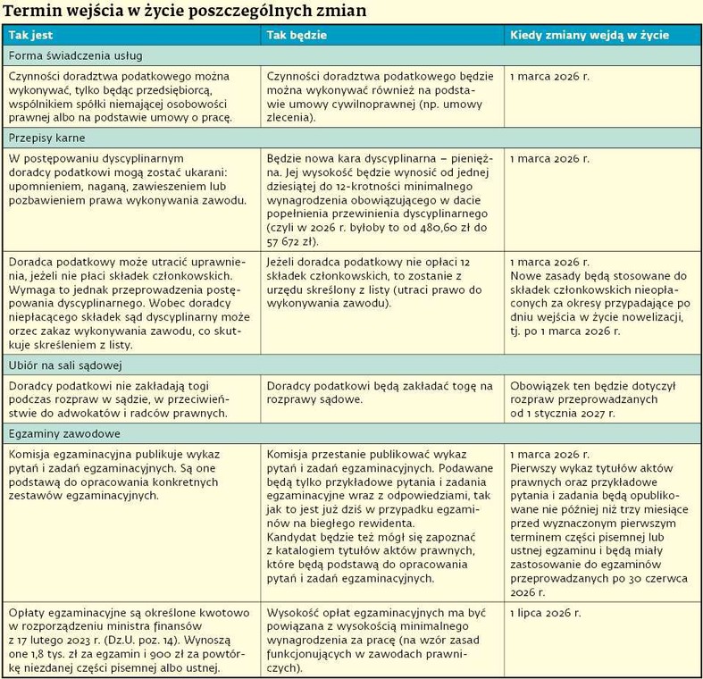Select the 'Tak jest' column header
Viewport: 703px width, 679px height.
pos(30,34)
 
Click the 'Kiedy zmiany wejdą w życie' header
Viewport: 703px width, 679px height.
pos(589,34)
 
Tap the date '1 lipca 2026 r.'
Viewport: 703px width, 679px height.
pos(545,613)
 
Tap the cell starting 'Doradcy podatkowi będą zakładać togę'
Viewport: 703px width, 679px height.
pos(380,392)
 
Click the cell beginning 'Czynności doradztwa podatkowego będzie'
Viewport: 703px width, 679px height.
pos(380,96)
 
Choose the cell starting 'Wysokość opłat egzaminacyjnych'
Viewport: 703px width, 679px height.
pos(380,640)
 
